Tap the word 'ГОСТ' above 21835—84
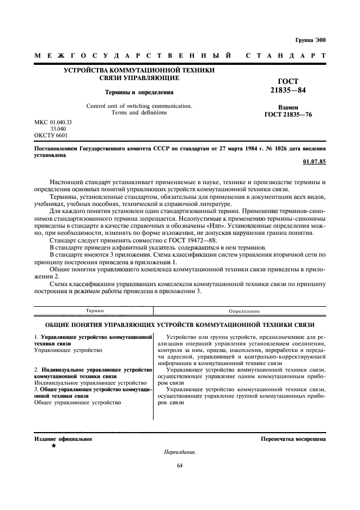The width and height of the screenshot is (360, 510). pyautogui.click(x=289, y=81)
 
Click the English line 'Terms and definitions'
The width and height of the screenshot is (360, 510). pyautogui.click(x=139, y=112)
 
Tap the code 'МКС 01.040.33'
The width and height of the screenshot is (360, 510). pyautogui.click(x=53, y=122)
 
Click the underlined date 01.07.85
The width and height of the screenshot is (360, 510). pyautogui.click(x=314, y=162)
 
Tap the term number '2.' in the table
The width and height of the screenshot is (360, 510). pyautogui.click(x=36, y=370)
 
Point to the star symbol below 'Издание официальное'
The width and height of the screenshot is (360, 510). pyautogui.click(x=53, y=446)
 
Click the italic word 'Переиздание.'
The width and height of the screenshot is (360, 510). pyautogui.click(x=179, y=452)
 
